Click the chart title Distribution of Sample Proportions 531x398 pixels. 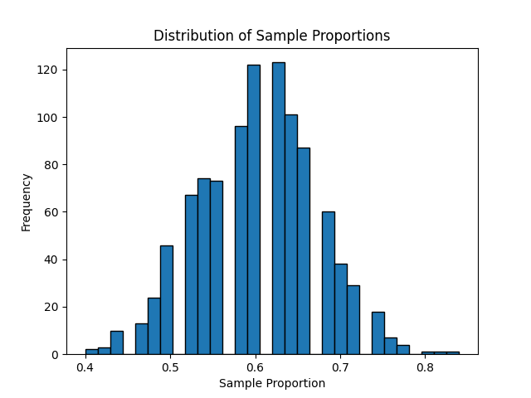pyautogui.click(x=271, y=36)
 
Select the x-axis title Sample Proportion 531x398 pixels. pyautogui.click(x=271, y=383)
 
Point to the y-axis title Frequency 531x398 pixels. pyautogui.click(x=26, y=201)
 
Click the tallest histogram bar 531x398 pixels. pyautogui.click(x=278, y=208)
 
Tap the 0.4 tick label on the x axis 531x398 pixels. pyautogui.click(x=85, y=367)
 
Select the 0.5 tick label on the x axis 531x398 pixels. pyautogui.click(x=170, y=367)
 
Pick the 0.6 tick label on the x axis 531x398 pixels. pyautogui.click(x=255, y=367)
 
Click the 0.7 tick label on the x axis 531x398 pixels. pyautogui.click(x=340, y=367)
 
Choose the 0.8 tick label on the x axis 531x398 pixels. pyautogui.click(x=425, y=367)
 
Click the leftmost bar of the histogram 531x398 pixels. pyautogui.click(x=91, y=352)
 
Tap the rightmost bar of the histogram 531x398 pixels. pyautogui.click(x=452, y=353)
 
